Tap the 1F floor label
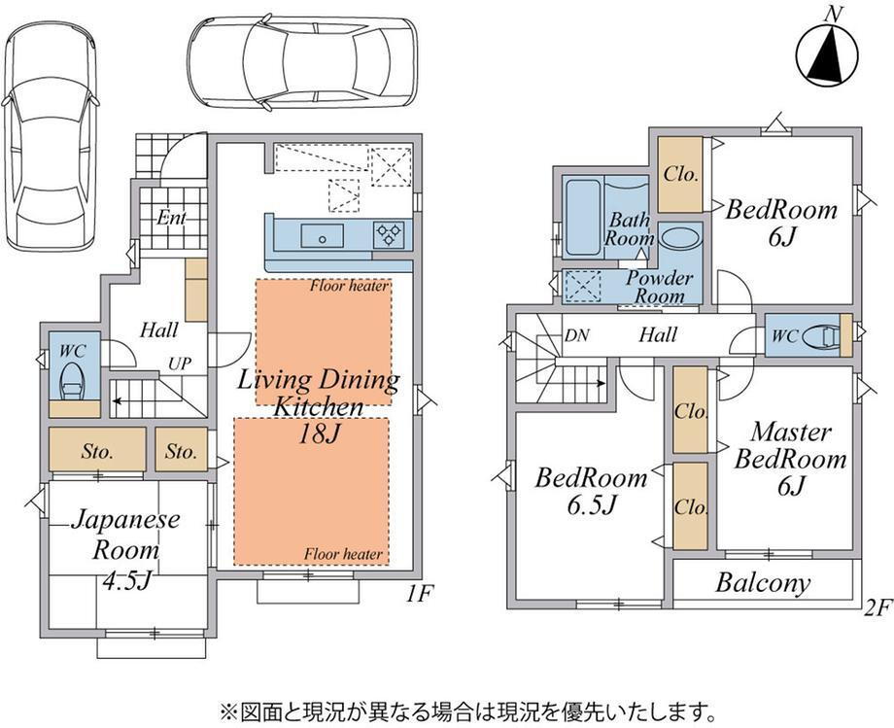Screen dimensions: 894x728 click(421, 594)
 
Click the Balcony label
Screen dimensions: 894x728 click(763, 582)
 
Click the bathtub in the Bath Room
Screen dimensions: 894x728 click(583, 217)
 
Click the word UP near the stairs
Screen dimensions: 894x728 click(180, 364)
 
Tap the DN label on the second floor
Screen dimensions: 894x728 click(576, 335)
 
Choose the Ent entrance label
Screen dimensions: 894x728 click(172, 218)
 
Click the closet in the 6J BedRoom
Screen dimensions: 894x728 click(679, 174)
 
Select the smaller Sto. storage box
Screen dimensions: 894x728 click(182, 449)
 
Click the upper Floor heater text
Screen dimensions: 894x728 click(349, 286)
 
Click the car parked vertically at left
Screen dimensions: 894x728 click(51, 137)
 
